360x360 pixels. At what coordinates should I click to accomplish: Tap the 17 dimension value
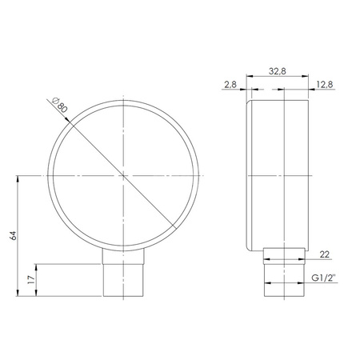[x=31, y=281]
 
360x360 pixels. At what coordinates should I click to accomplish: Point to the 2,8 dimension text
[x=230, y=82]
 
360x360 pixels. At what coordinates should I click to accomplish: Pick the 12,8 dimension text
[x=326, y=82]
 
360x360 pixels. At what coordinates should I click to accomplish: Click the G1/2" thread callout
[x=324, y=277]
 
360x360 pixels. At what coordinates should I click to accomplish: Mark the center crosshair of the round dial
[x=124, y=174]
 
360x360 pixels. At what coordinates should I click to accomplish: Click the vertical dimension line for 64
[x=18, y=240]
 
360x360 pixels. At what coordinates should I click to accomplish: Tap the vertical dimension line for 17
[x=37, y=281]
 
